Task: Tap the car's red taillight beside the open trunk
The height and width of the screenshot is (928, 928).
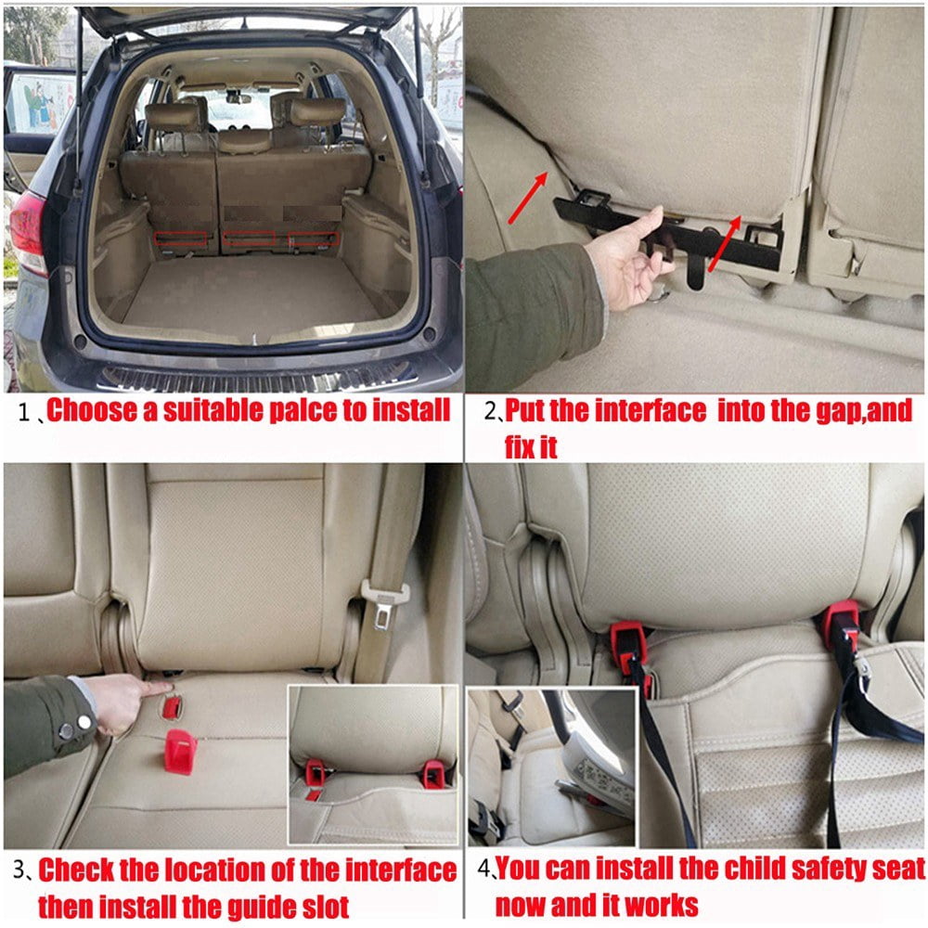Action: (x=27, y=232)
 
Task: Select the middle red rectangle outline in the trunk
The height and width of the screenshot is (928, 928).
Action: (x=250, y=238)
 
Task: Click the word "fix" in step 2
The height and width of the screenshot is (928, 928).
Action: (x=521, y=446)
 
